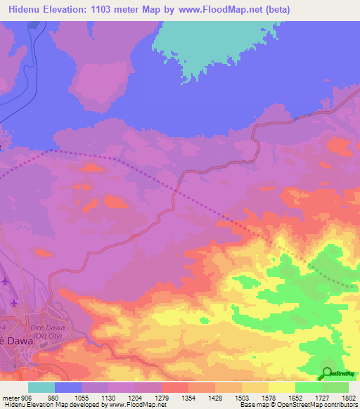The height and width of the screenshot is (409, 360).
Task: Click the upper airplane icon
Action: pos(6,282)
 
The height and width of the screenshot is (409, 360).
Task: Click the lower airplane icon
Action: pos(13,304)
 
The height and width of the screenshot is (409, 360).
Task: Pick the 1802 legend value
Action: pos(349,397)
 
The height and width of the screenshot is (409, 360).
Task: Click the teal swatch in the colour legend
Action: pos(41,387)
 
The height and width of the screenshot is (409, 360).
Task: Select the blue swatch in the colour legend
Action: pos(68,387)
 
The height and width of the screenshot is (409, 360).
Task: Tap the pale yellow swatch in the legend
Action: pos(281,387)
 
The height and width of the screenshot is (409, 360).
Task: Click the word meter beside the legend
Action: pos(11,397)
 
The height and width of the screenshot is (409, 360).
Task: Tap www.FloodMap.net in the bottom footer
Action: pos(140,405)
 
